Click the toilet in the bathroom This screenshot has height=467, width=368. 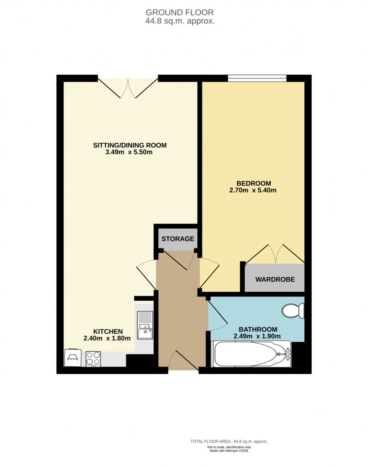coord(293,311)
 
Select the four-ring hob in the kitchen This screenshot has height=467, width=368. coord(93,359)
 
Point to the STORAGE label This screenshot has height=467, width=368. coord(178,239)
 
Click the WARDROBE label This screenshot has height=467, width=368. coord(275,279)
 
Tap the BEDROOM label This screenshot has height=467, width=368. coord(254,183)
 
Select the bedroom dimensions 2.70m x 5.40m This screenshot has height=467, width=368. coord(253,190)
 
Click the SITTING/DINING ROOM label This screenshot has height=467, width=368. coord(130,145)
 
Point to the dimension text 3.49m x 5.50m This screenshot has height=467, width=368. coord(129,152)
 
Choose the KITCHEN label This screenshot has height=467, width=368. coord(108,331)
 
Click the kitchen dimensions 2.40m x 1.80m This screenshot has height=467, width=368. coord(107,338)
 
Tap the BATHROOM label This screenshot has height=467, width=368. coord(258,329)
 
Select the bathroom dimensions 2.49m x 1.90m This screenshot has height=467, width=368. coord(257,336)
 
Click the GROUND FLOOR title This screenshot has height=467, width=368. coord(180,12)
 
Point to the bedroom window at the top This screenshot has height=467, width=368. coord(257,78)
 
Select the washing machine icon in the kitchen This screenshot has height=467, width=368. coord(73,358)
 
